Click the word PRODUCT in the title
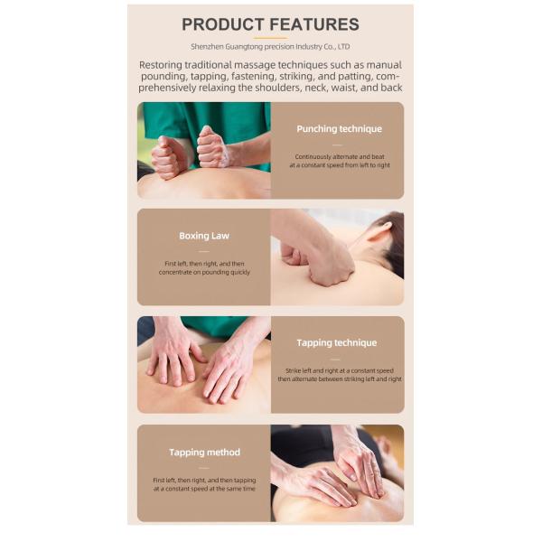click(223, 24)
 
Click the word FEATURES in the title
click(314, 24)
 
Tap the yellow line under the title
click(270, 38)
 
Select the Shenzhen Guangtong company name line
click(270, 47)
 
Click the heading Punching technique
click(339, 129)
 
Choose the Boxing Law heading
click(204, 236)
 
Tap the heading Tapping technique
click(337, 343)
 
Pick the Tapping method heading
click(204, 453)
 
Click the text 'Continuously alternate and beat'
click(340, 156)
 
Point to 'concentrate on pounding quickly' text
click(204, 272)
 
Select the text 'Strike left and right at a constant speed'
click(340, 370)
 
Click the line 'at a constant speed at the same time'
click(204, 489)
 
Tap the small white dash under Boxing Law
click(204, 251)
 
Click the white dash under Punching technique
click(337, 145)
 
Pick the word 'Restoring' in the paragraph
click(161, 65)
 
